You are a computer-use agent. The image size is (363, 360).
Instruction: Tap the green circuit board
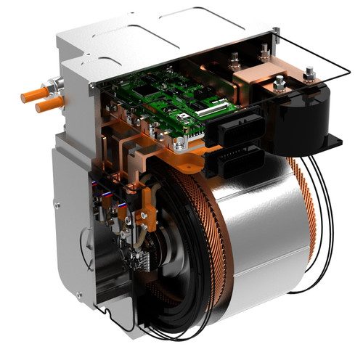coord(167,102)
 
